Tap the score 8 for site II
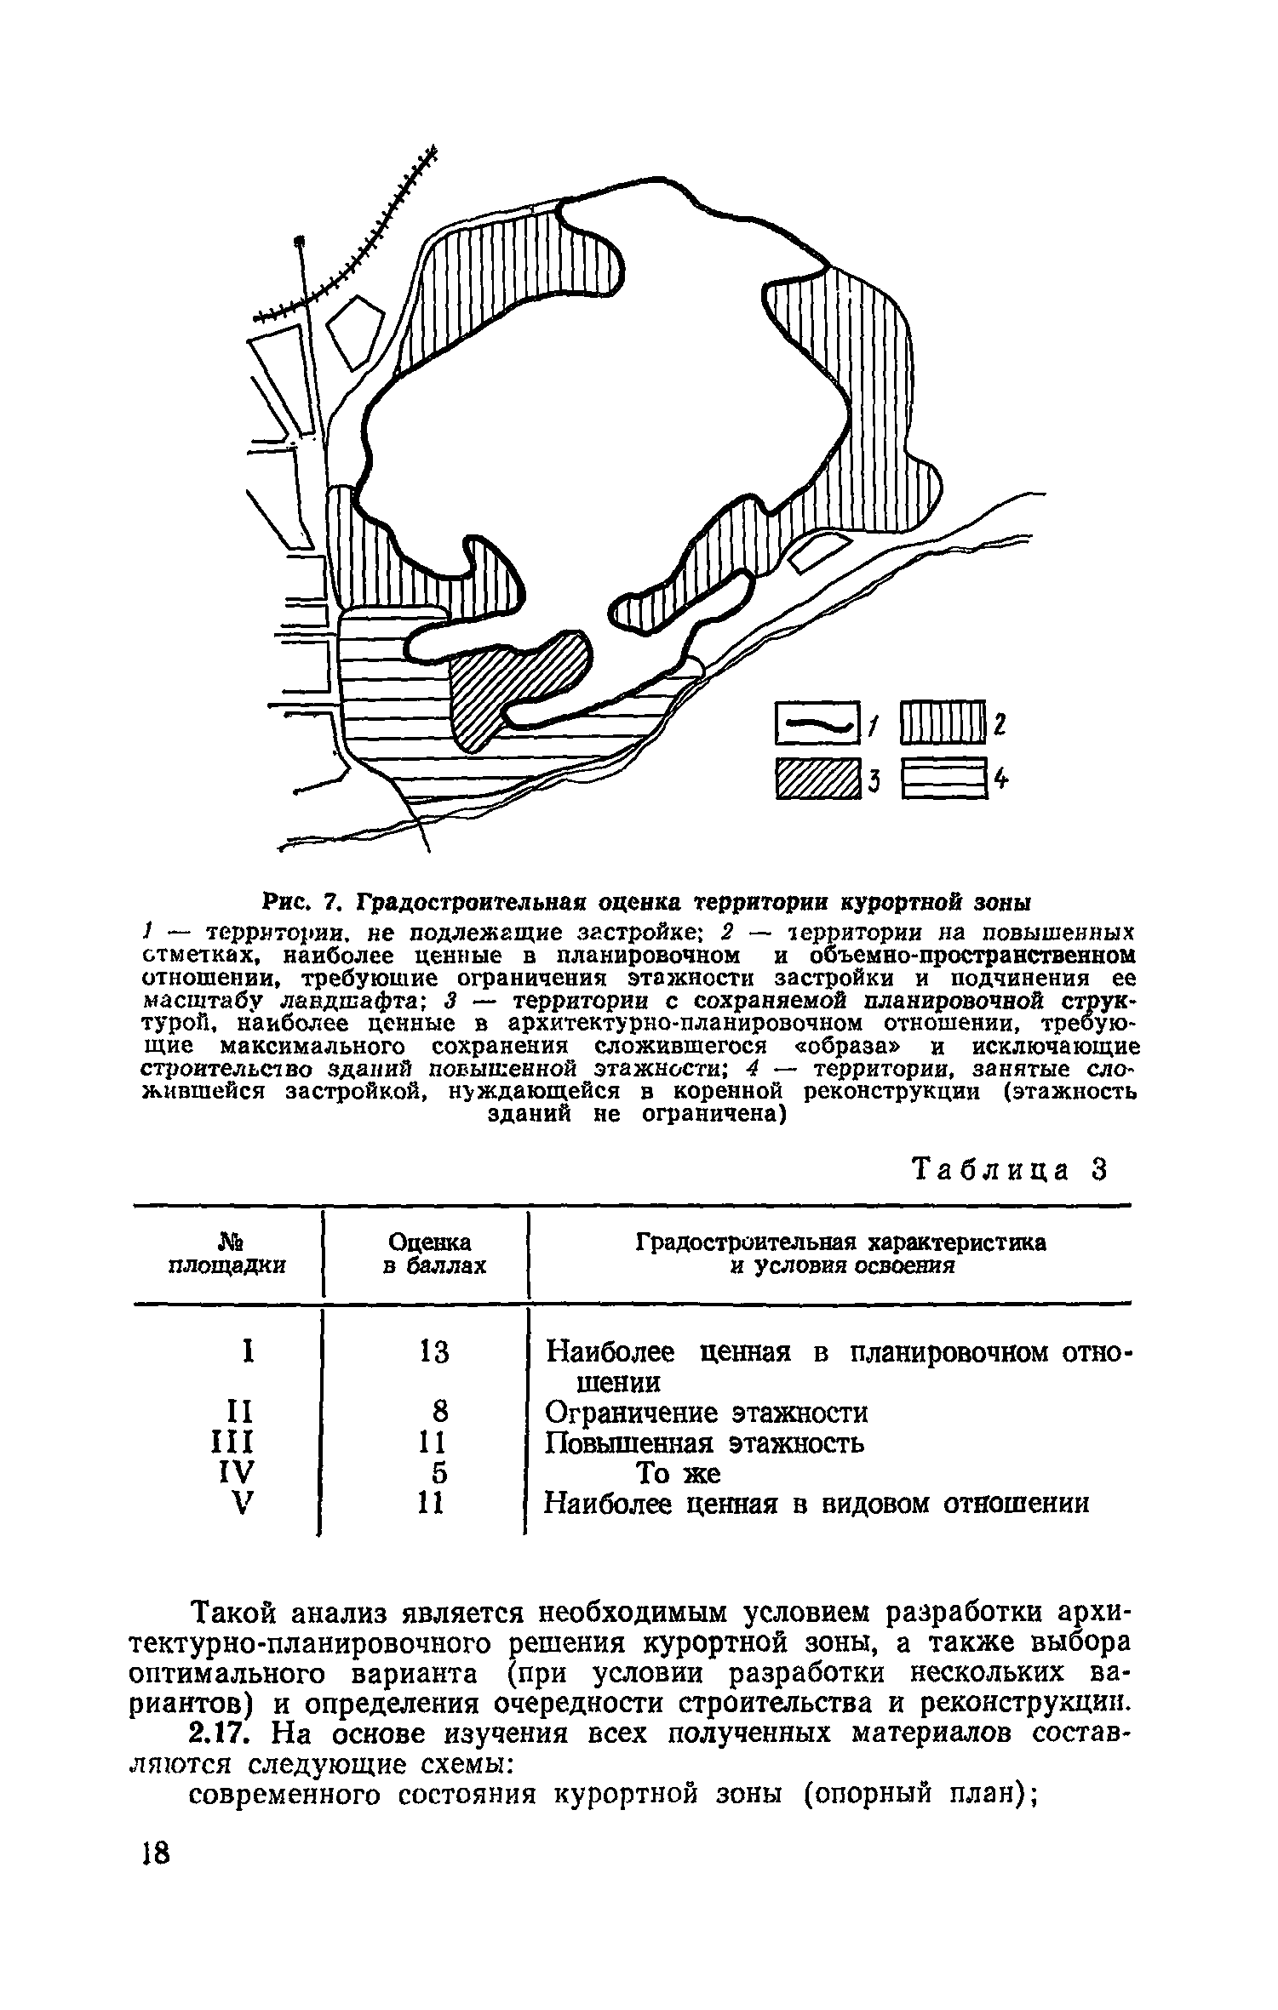pos(439,1413)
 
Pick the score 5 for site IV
pos(439,1473)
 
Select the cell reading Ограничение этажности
pos(707,1413)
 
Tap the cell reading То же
pos(679,1473)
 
